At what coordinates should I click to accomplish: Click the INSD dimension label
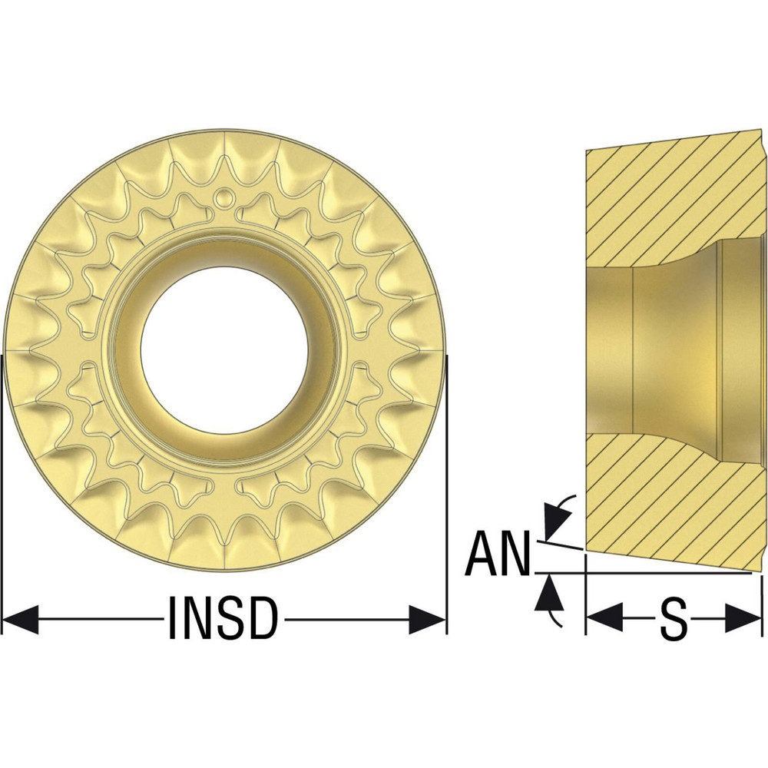coord(222,619)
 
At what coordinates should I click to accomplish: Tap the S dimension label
coord(673,619)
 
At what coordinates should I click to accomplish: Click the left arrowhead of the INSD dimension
coord(20,619)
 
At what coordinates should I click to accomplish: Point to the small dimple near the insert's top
coord(223,197)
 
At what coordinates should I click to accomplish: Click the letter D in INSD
coord(261,619)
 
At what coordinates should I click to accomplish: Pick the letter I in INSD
coord(173,619)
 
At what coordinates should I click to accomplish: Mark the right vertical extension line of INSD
coord(446,492)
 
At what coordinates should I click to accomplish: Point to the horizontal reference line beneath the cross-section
coord(660,573)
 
